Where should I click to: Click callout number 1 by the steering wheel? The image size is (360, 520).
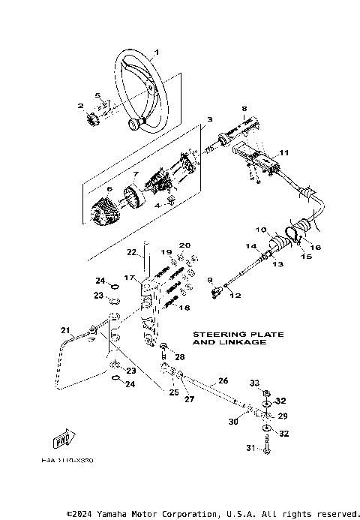(157, 52)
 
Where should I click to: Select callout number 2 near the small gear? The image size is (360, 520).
(80, 106)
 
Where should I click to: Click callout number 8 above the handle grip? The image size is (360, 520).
(244, 109)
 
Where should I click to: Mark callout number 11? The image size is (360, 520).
(283, 152)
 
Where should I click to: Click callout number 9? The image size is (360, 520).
(211, 280)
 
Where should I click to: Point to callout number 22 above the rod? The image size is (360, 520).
(130, 252)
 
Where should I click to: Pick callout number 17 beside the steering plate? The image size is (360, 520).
(128, 278)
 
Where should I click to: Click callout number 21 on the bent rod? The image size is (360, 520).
(65, 329)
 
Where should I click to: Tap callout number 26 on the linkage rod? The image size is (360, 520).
(223, 380)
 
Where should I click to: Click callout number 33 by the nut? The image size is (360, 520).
(254, 383)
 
